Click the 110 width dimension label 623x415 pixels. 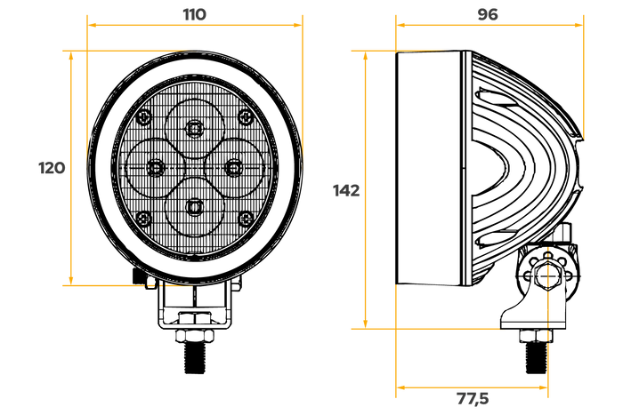coord(195,15)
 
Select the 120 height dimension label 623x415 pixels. coord(52,168)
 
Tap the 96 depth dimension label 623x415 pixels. coord(488,15)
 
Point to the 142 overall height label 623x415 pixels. coord(346,191)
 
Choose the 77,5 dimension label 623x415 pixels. coord(473,398)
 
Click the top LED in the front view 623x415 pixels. coord(194,128)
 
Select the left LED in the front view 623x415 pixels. coord(155,168)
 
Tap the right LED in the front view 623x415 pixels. coord(233,168)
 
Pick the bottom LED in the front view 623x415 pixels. coord(194,207)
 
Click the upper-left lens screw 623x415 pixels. coord(144,117)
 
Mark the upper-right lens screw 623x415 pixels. coord(246,117)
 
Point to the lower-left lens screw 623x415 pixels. coord(144,219)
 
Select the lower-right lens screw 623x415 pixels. coord(246,219)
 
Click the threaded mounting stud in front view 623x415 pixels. coord(195,357)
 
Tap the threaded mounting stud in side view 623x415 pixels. coord(536,357)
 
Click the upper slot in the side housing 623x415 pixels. coord(497,97)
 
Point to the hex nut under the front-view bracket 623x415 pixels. coord(195,336)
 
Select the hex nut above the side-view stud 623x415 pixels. coord(536,336)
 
